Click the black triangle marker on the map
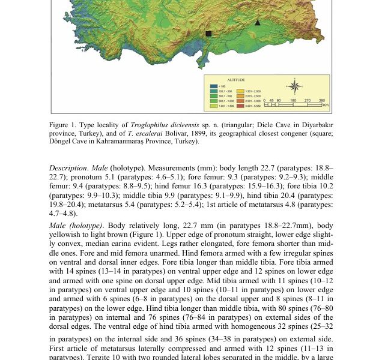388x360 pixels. pyautogui.click(x=258, y=22)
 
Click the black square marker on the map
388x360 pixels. pyautogui.click(x=208, y=34)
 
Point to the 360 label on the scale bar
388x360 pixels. pyautogui.click(x=322, y=101)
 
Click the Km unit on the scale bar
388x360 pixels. pyautogui.click(x=326, y=106)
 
